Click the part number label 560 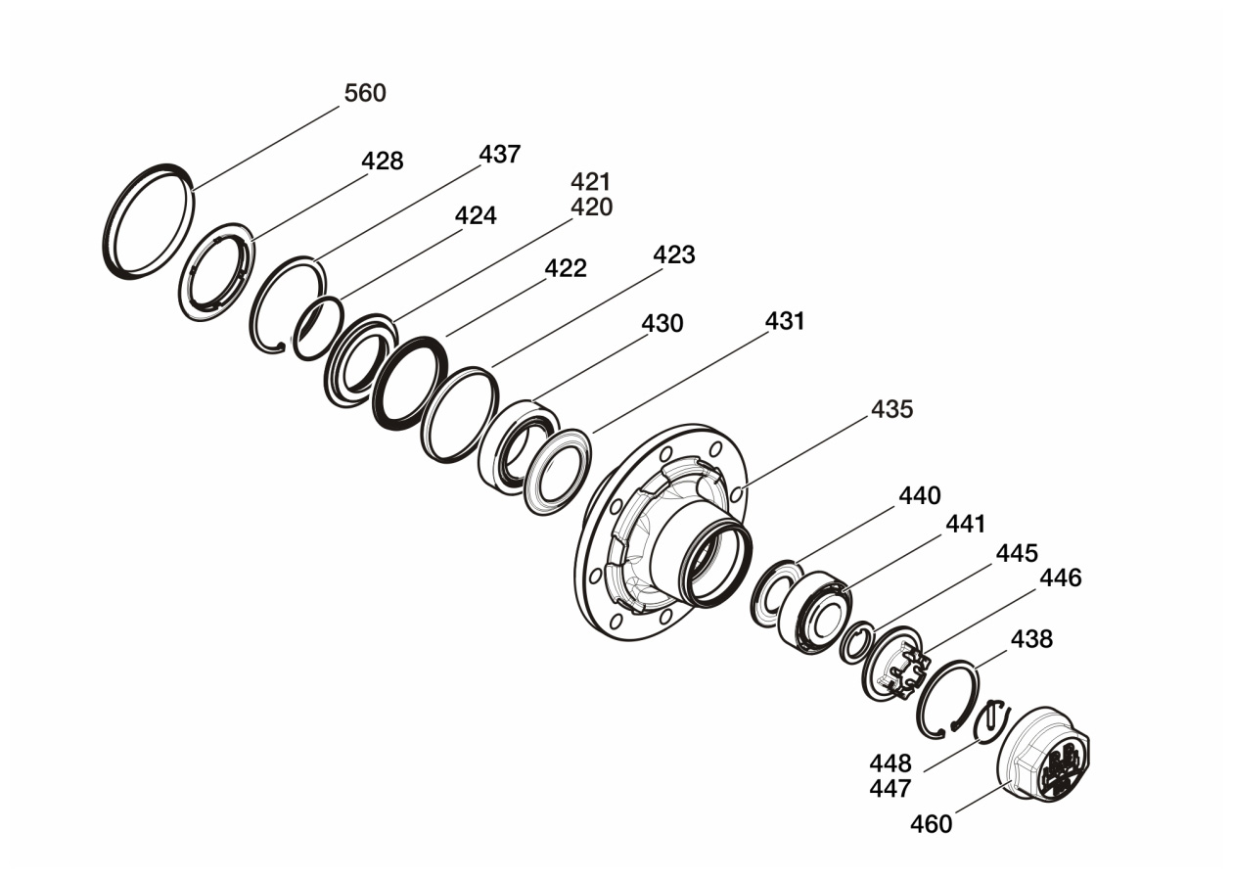point(365,93)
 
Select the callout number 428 point(383,161)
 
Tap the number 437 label point(499,154)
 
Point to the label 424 point(476,215)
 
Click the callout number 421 point(591,182)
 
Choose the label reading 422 point(566,268)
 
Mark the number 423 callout point(673,254)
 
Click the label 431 point(784,320)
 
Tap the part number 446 point(1060,578)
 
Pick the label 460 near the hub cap point(931,824)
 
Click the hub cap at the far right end point(1043,756)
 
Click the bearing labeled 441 point(811,613)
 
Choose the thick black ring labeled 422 point(408,382)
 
